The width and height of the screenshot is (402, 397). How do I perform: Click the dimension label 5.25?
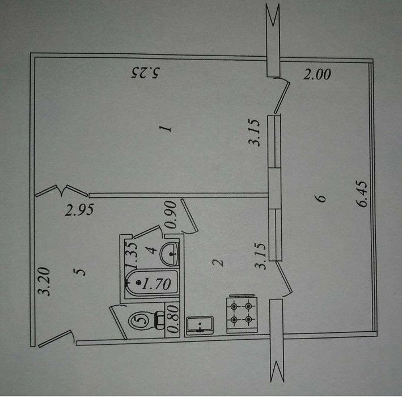pyautogui.click(x=145, y=73)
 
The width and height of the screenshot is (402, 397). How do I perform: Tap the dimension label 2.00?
pyautogui.click(x=317, y=75)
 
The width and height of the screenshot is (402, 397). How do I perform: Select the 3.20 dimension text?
pyautogui.click(x=43, y=282)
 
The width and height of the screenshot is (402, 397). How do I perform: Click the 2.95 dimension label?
pyautogui.click(x=79, y=210)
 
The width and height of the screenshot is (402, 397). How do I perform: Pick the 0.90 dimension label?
pyautogui.click(x=171, y=214)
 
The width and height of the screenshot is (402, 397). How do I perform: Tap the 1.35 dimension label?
pyautogui.click(x=132, y=255)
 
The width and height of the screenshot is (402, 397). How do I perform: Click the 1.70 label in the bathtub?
pyautogui.click(x=156, y=284)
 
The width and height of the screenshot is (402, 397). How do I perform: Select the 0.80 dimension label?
pyautogui.click(x=174, y=319)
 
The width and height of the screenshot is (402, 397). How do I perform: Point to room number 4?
pyautogui.click(x=153, y=250)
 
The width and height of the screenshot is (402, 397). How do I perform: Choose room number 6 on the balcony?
pyautogui.click(x=321, y=198)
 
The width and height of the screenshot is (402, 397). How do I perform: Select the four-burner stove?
pyautogui.click(x=241, y=314)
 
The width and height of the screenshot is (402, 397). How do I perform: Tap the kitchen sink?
pyautogui.click(x=200, y=326)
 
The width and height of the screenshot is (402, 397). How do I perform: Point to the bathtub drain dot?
pyautogui.click(x=139, y=283)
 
